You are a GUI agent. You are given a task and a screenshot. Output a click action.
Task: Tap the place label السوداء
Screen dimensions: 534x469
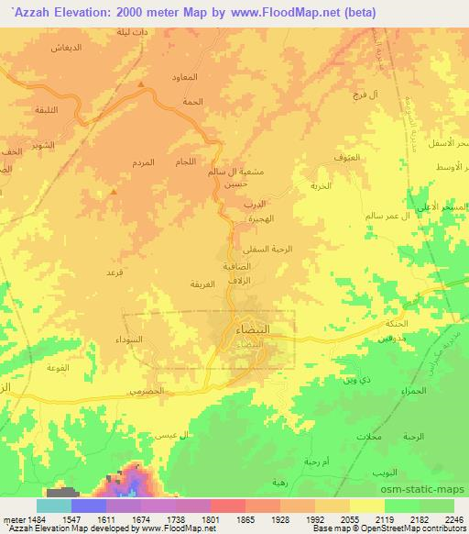(138, 339)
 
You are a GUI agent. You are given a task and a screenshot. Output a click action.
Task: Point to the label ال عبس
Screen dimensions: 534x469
(177, 433)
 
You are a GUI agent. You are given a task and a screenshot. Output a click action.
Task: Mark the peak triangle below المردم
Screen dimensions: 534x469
(112, 192)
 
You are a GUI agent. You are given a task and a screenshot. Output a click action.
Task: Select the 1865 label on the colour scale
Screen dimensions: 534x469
(245, 520)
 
